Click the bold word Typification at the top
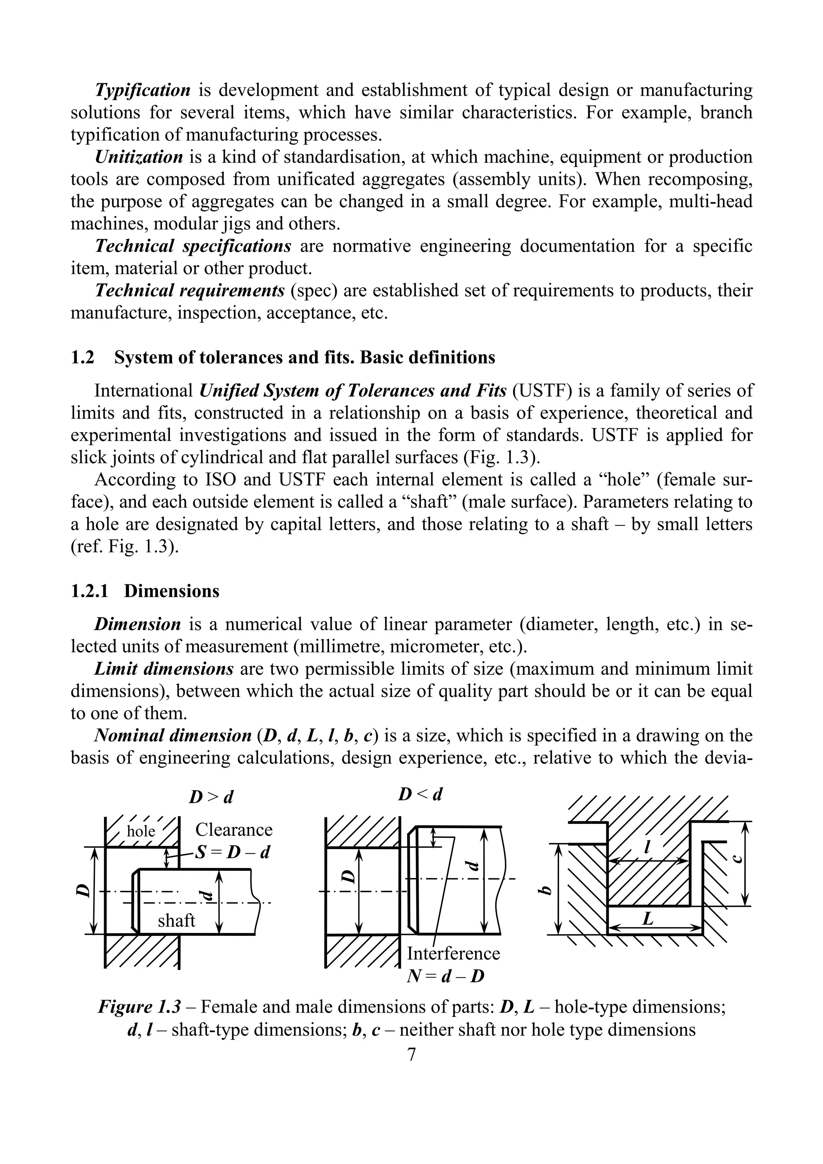pos(143,90)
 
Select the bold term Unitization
pos(138,157)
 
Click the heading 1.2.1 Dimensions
pos(145,591)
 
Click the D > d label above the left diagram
pos(211,797)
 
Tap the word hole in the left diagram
pos(141,831)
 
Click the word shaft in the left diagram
pos(176,920)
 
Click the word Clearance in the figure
pos(234,829)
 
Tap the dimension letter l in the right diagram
pos(647,846)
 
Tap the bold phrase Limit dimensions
pos(163,669)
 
